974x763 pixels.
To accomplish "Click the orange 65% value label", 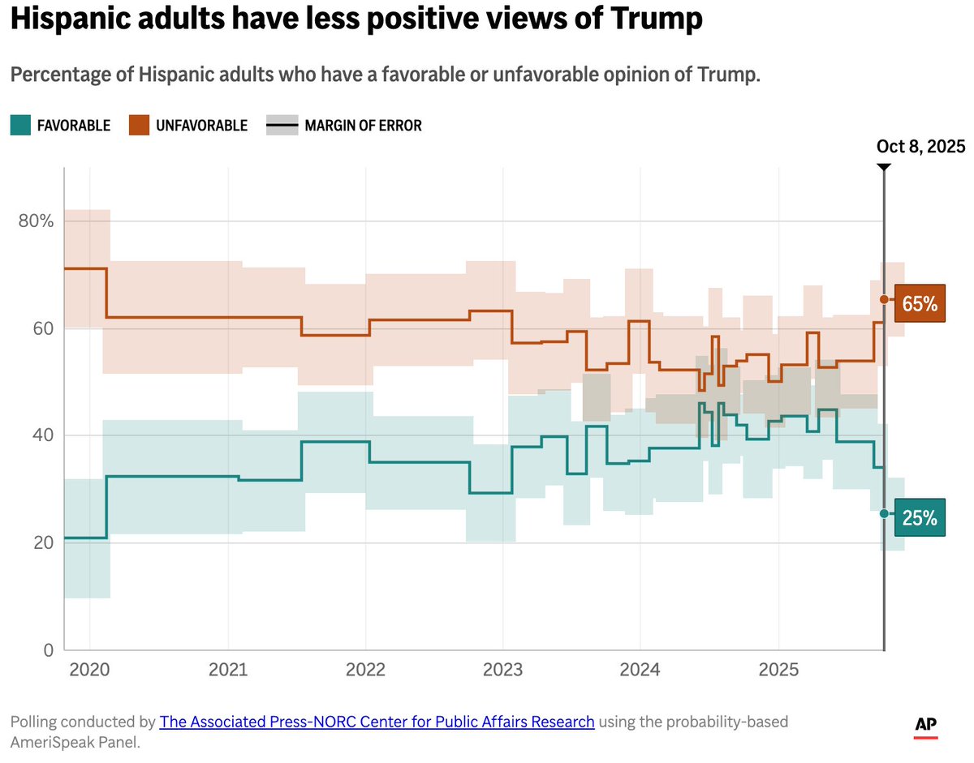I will tap(920, 303).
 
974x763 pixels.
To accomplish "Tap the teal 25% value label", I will tap(920, 517).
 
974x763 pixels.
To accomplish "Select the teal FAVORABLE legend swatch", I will tap(20, 125).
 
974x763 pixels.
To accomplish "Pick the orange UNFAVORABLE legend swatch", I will tap(138, 125).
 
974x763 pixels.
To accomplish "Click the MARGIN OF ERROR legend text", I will tap(363, 126).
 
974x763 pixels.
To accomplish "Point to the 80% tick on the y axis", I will tap(36, 221).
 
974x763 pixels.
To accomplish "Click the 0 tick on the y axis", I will tap(47, 649).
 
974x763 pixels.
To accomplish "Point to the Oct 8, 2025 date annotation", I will tap(920, 147).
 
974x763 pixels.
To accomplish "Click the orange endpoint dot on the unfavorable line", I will tap(885, 300).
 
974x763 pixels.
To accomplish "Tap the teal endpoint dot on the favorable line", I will tap(885, 514).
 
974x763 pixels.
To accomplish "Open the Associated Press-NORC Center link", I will tap(377, 721).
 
